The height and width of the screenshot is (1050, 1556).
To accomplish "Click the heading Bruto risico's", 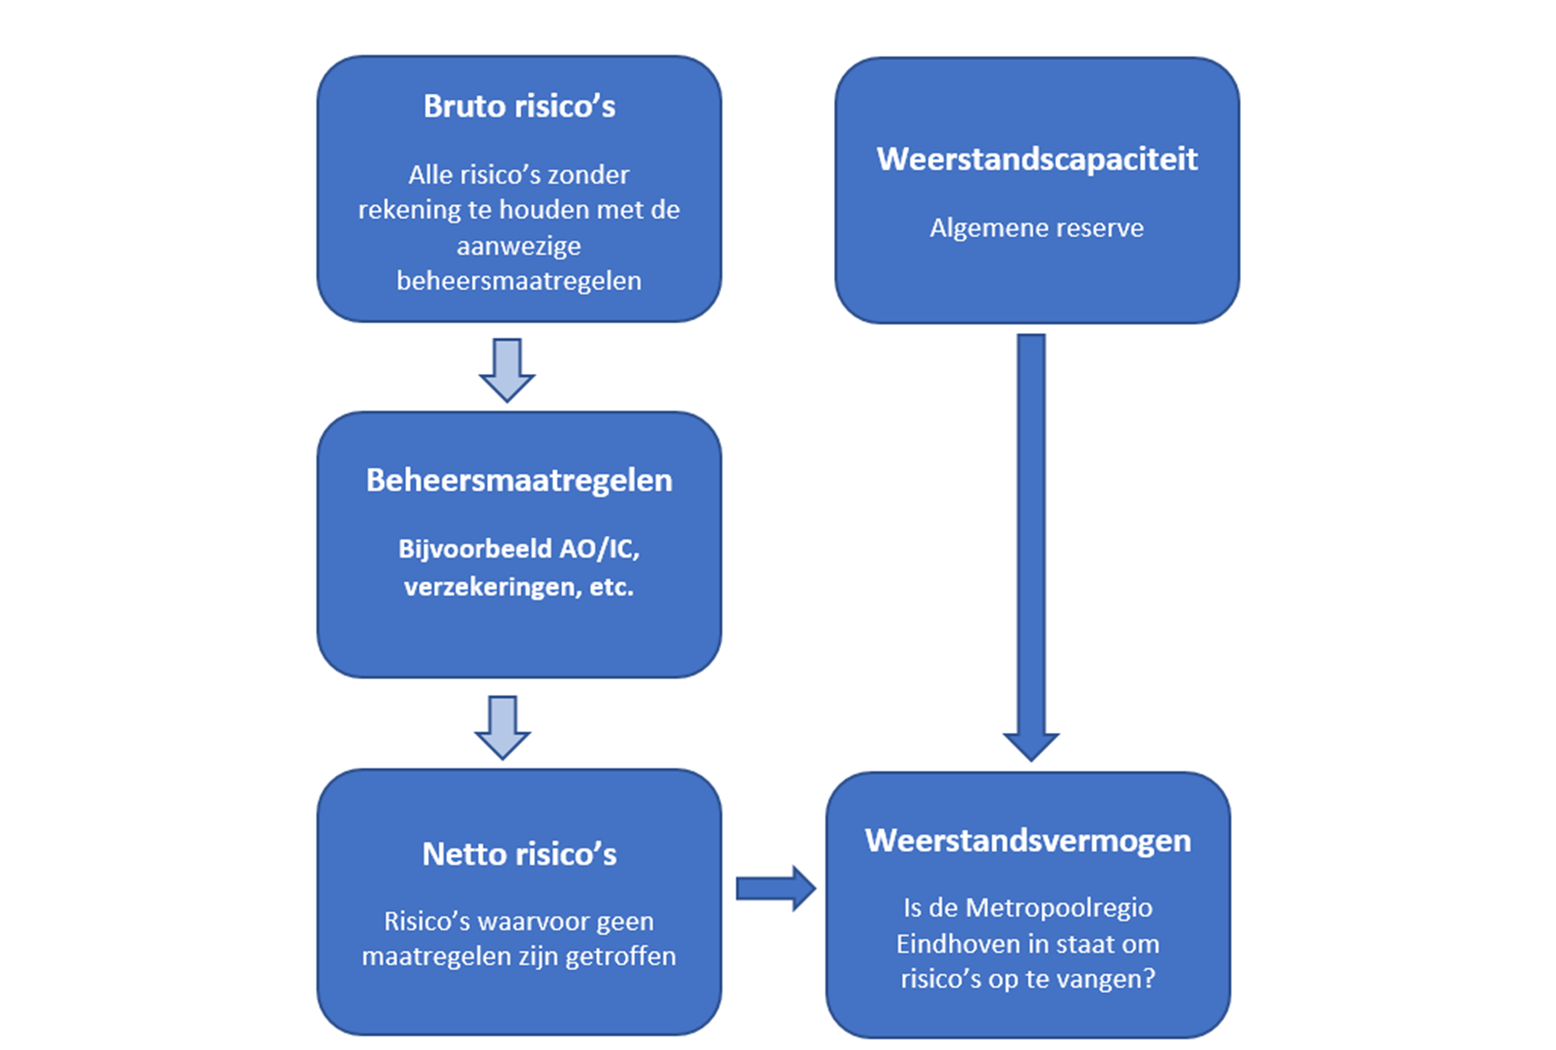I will pos(519,106).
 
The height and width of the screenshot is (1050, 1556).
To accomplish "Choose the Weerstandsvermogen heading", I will pos(1028,841).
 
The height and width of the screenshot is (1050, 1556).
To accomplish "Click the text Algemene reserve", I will pos(1036,228).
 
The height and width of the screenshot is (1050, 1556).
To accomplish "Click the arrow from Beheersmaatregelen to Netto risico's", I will pos(503,727).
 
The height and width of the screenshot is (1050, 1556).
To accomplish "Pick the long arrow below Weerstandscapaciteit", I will pos(1031,545).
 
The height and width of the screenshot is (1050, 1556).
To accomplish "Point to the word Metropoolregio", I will pos(1059,908).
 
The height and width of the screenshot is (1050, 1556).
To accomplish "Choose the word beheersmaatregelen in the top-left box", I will pos(519,281).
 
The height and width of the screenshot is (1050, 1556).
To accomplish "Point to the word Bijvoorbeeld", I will pos(475,549).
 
